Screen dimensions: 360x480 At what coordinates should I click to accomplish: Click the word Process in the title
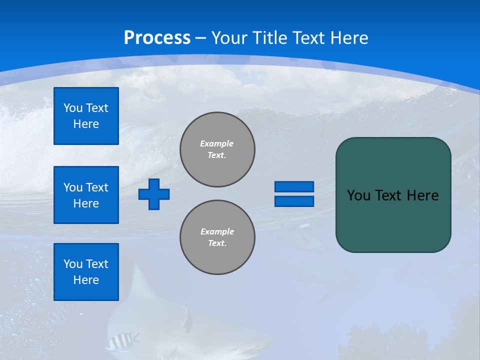tap(157, 38)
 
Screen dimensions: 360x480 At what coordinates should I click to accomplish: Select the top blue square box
tap(86, 116)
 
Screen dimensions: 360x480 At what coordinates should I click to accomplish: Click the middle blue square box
tap(86, 195)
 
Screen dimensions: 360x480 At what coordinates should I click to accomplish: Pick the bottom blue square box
tap(86, 272)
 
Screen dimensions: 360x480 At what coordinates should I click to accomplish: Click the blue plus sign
tap(154, 194)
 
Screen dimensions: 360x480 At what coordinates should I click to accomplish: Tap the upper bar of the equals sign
tap(294, 186)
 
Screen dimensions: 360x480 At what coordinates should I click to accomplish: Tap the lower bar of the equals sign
tap(294, 201)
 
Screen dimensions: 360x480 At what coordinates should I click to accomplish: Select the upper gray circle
tap(217, 149)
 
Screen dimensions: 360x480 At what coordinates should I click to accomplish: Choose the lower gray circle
tap(217, 237)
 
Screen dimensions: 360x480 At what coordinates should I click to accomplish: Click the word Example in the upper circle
tap(216, 143)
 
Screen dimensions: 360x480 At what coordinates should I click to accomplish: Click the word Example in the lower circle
tap(217, 231)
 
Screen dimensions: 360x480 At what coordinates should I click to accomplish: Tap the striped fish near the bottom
tap(122, 341)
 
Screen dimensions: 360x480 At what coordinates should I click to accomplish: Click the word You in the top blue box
tap(73, 108)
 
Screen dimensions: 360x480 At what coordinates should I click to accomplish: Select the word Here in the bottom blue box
tap(86, 280)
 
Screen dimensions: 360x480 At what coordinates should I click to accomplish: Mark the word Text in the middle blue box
tap(96, 187)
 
